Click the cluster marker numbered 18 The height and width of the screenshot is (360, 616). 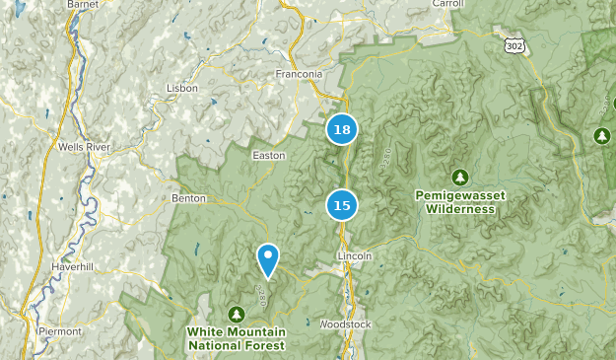point(341,129)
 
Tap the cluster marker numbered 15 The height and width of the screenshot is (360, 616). point(341,205)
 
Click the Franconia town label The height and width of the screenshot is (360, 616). point(298,73)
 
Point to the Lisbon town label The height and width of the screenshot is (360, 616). point(182,88)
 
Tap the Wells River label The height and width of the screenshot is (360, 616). point(83,147)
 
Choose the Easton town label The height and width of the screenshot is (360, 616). point(269,155)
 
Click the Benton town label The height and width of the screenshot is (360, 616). point(188,198)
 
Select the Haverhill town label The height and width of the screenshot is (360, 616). point(70,266)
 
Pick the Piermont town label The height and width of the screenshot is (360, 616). point(60,331)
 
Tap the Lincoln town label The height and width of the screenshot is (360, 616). point(355,256)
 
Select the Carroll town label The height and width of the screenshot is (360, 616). point(447,4)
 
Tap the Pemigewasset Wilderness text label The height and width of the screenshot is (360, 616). point(460,202)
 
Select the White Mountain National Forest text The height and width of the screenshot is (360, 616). point(237,339)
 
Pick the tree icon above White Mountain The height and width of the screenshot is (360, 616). point(236,314)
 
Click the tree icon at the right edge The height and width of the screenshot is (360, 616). point(602,135)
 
